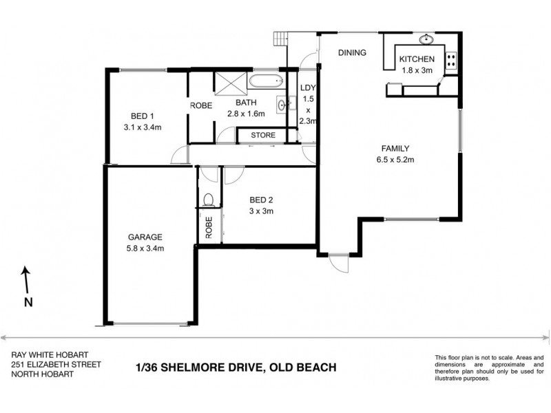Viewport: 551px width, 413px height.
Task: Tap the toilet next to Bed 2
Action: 209,200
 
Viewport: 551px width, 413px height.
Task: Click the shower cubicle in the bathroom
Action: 231,83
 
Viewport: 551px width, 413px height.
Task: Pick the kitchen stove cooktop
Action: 451,61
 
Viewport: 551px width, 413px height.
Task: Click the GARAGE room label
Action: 143,235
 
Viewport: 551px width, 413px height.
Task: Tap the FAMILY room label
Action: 396,148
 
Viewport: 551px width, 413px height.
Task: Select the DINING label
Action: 351,53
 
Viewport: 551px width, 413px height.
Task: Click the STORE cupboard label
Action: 262,135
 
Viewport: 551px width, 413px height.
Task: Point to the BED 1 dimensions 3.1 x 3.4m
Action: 142,127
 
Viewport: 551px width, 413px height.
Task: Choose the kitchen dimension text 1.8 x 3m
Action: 417,70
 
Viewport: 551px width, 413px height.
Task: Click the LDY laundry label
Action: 308,89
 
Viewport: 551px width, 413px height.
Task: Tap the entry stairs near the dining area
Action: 280,39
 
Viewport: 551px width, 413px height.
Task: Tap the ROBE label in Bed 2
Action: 208,226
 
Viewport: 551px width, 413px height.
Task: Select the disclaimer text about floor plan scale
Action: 488,368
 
